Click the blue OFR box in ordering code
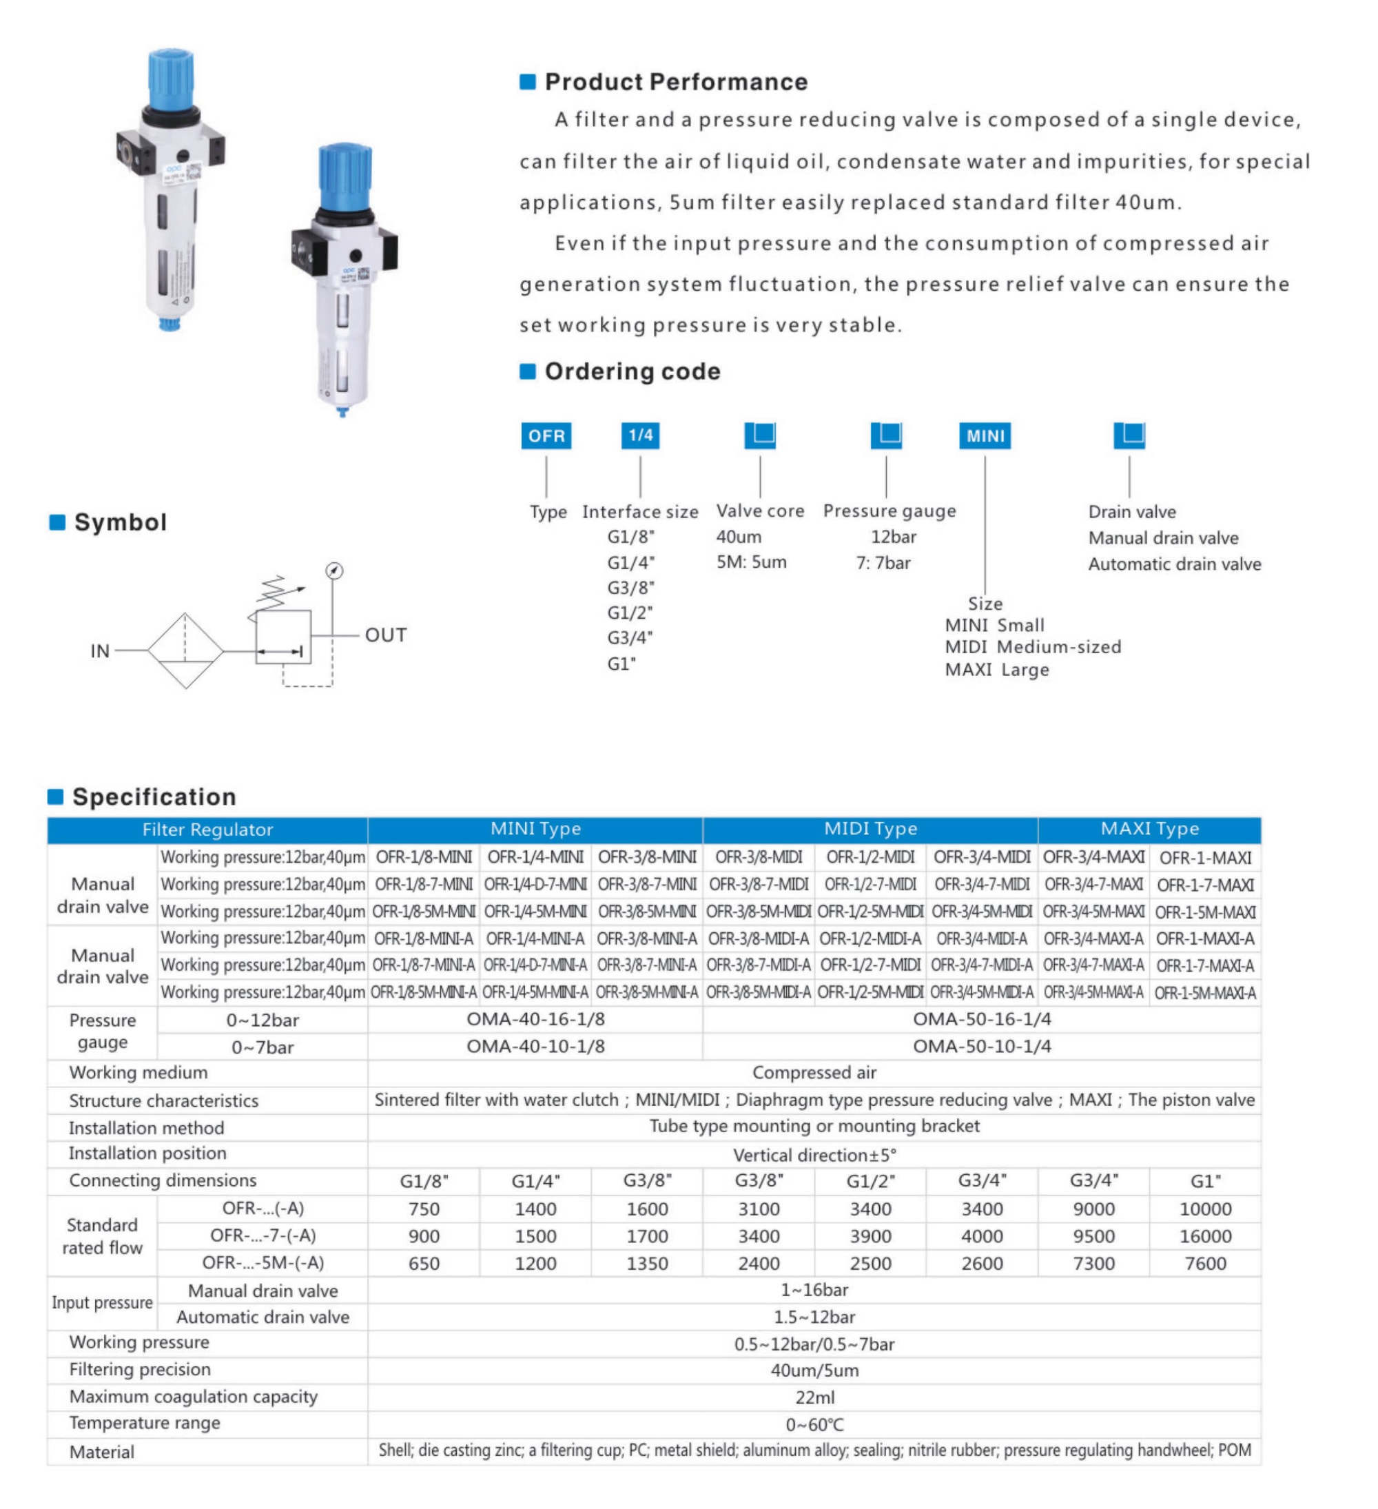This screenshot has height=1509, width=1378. click(x=546, y=435)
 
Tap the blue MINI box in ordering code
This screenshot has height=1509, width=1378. click(x=985, y=435)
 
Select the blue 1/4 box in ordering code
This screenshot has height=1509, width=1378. click(x=640, y=435)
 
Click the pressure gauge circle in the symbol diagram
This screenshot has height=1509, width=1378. click(x=334, y=571)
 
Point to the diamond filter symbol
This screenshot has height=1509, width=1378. click(x=185, y=650)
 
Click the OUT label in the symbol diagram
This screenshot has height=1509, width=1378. click(x=385, y=635)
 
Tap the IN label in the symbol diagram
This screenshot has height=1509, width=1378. click(x=99, y=651)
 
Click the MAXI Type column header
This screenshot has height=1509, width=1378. click(x=1149, y=830)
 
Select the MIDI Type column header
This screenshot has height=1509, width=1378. click(x=870, y=830)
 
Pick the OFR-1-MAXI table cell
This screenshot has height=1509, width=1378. click(x=1205, y=858)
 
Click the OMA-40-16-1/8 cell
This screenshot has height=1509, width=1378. click(x=535, y=1020)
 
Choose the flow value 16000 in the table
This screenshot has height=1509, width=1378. click(x=1205, y=1237)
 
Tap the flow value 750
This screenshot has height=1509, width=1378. click(x=424, y=1209)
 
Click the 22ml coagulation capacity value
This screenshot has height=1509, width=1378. click(x=814, y=1397)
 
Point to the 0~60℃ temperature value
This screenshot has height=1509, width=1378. click(x=814, y=1424)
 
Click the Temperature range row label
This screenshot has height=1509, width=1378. click(x=145, y=1423)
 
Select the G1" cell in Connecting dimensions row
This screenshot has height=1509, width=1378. click(x=1205, y=1182)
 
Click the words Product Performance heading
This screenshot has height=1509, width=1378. click(x=676, y=81)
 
